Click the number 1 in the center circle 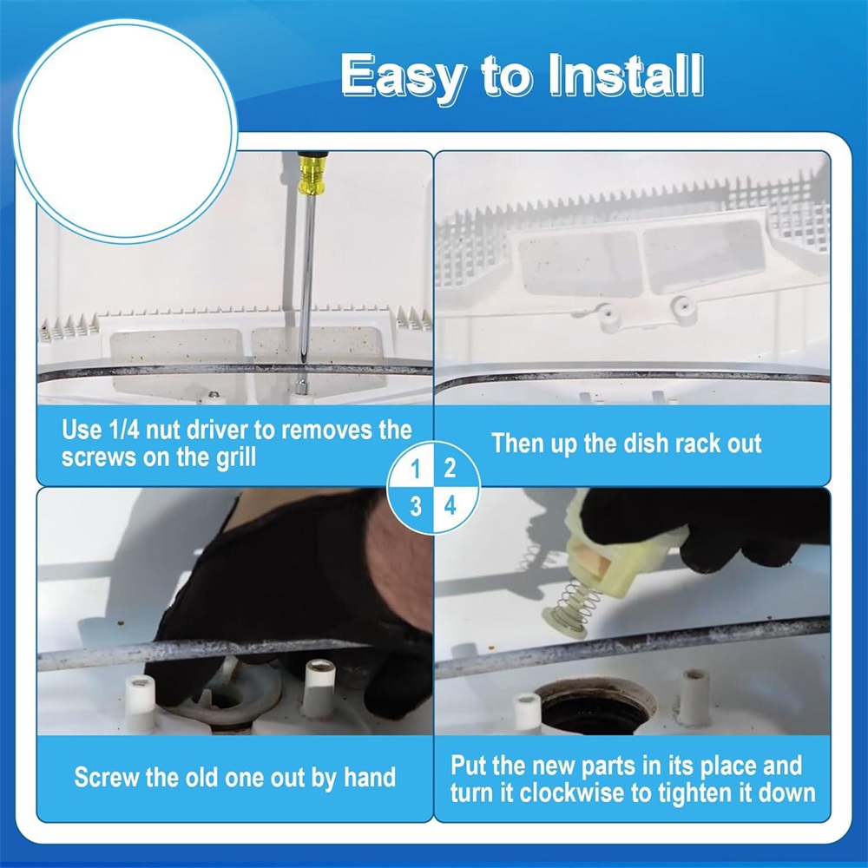click(x=416, y=470)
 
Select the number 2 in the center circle click(x=450, y=469)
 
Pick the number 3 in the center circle click(x=416, y=507)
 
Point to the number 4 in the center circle click(x=450, y=505)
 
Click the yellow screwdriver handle click(x=312, y=174)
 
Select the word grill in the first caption click(x=236, y=458)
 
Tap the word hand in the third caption click(x=371, y=777)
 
